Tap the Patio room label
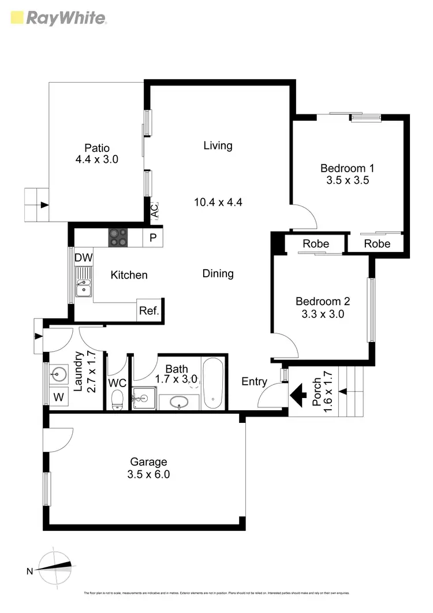(x=96, y=148)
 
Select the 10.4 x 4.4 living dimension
(x=218, y=202)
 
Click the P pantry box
(x=153, y=237)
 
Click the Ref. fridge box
(x=149, y=310)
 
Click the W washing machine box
(x=58, y=397)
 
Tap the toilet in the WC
(x=117, y=399)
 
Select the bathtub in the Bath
(x=213, y=383)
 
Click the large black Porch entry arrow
(x=298, y=396)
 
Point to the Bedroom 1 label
(x=347, y=168)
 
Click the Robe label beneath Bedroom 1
(x=316, y=243)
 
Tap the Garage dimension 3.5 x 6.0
(x=148, y=475)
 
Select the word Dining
(x=218, y=273)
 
